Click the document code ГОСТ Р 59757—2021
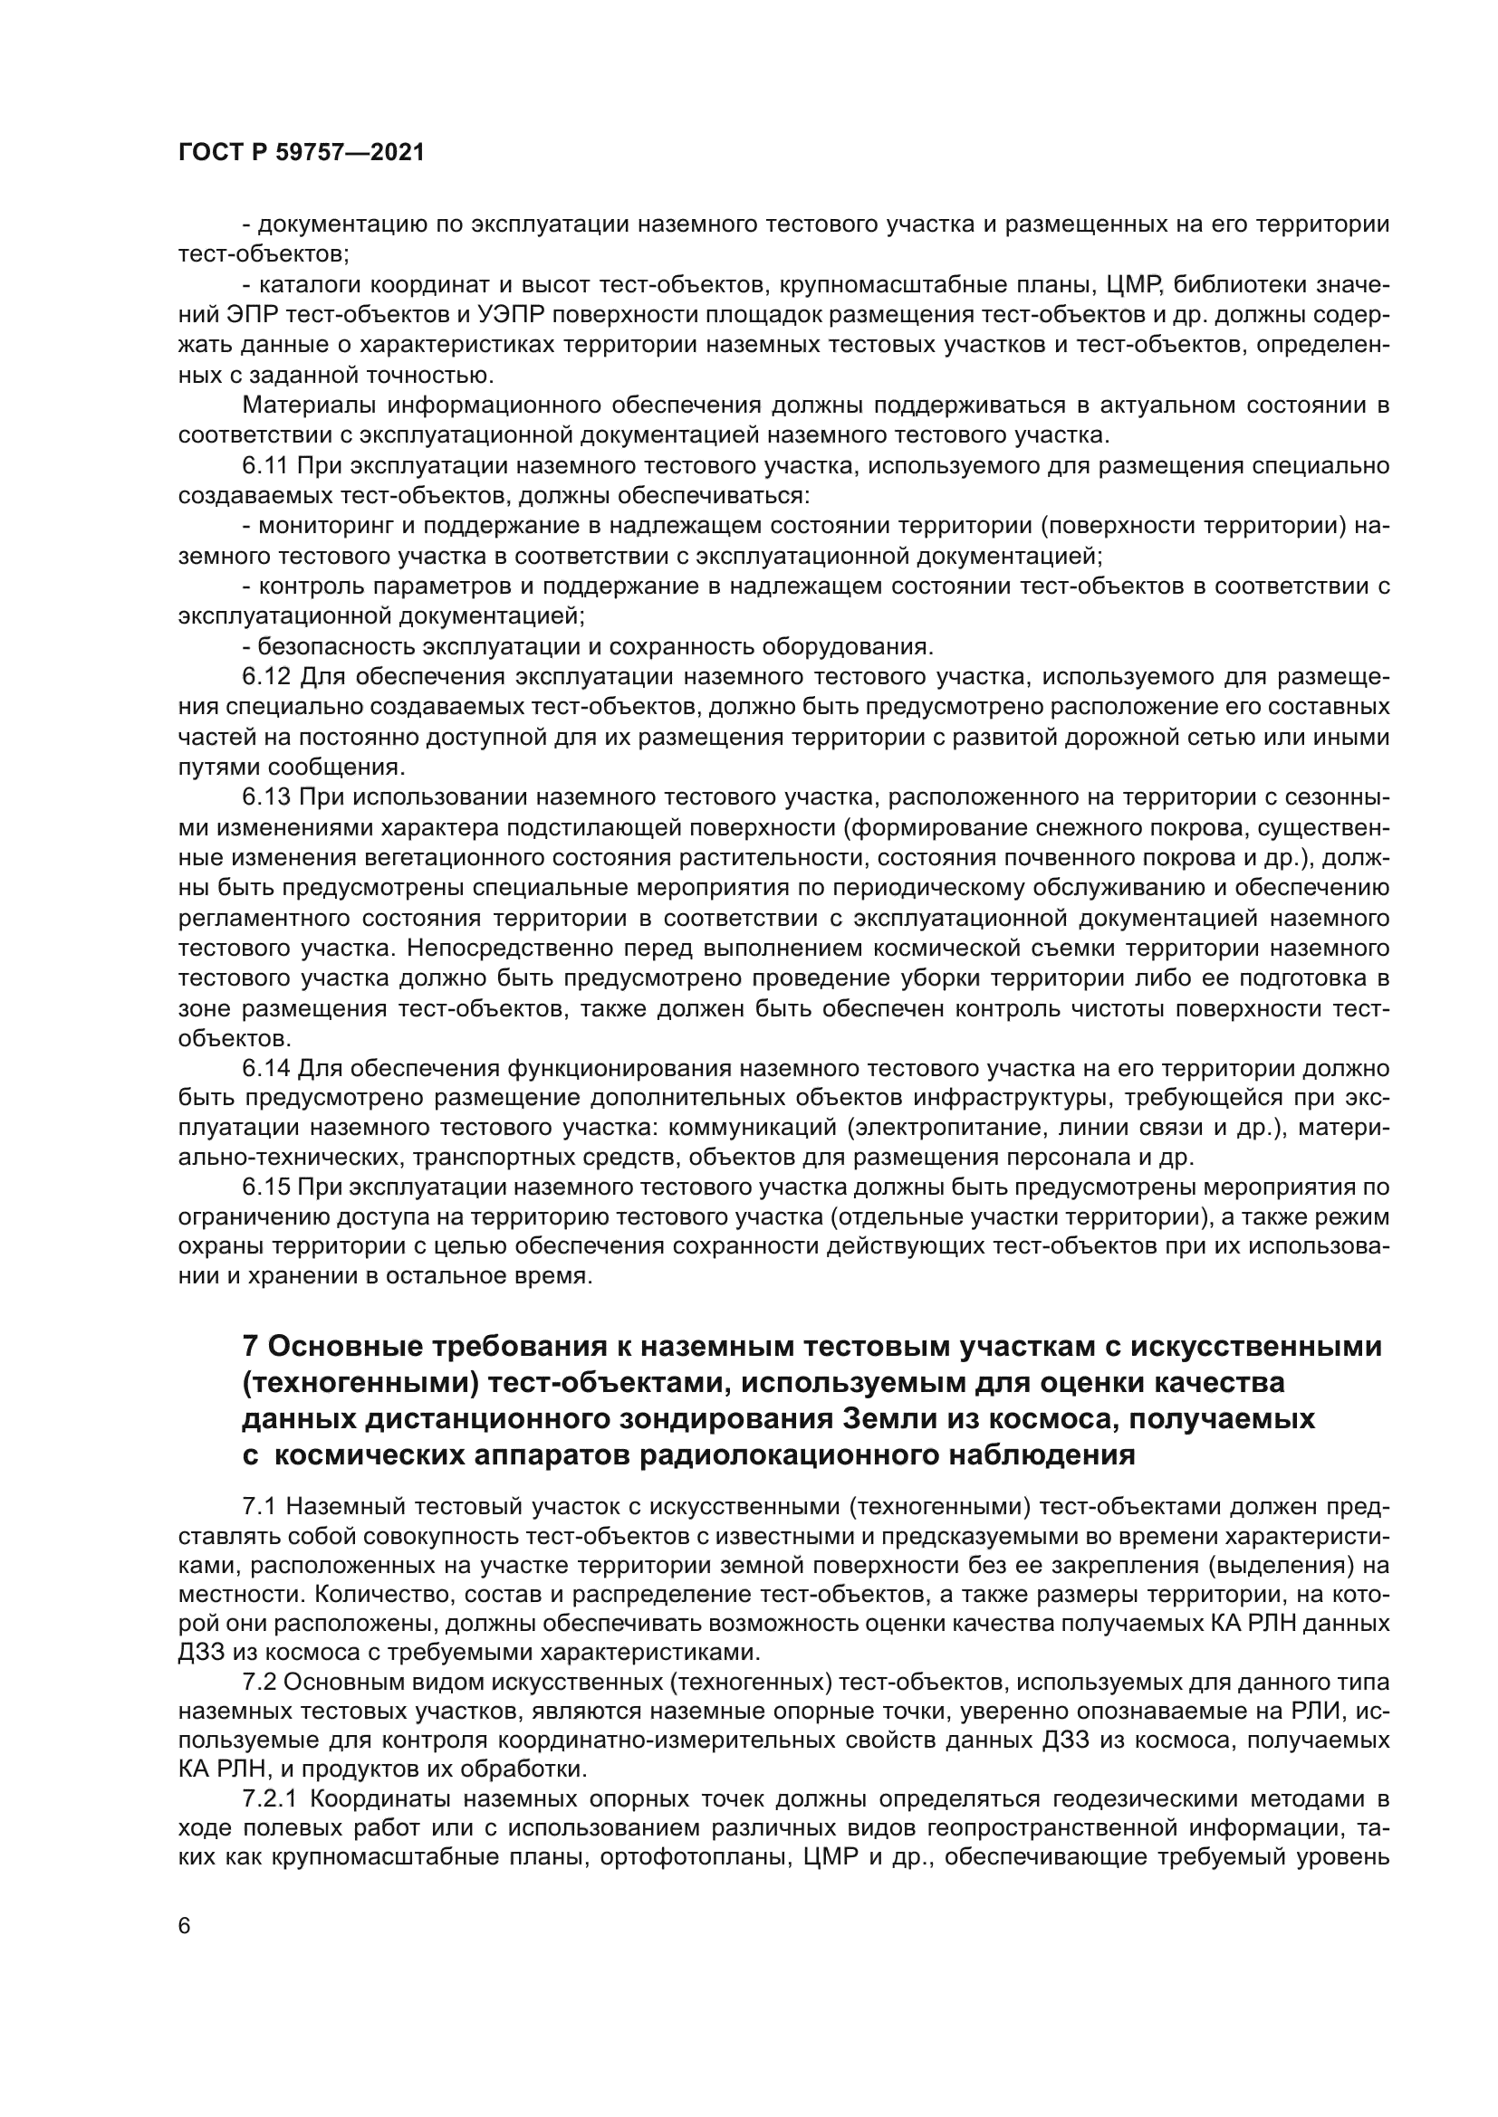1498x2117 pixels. point(302,153)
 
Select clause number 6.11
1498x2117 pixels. point(265,465)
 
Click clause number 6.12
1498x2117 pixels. point(265,677)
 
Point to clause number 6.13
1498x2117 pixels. point(265,796)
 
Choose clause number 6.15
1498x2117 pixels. point(265,1187)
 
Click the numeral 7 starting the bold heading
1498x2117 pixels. point(249,1347)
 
